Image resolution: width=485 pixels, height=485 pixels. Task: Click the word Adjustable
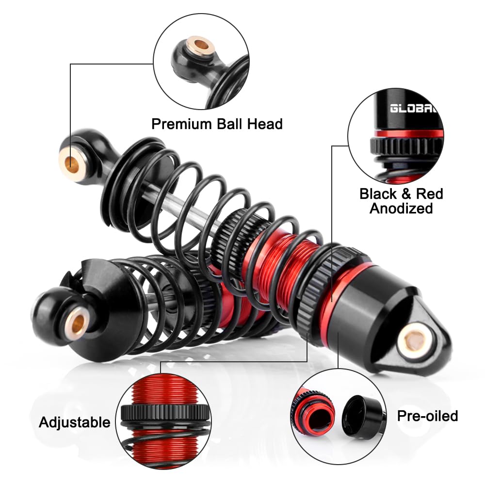(75, 422)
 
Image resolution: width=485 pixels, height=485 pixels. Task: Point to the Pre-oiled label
(427, 416)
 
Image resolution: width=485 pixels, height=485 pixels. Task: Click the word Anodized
(401, 209)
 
